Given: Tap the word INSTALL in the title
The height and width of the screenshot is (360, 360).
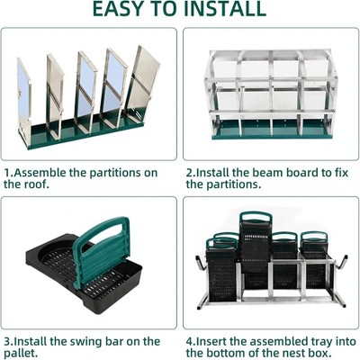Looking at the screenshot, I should pos(220,10).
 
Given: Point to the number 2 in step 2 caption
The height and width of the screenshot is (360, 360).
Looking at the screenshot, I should pos(189,171).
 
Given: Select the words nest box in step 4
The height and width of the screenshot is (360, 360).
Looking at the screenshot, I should pos(302,355).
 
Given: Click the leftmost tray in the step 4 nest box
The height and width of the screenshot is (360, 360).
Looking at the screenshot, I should pos(220,265).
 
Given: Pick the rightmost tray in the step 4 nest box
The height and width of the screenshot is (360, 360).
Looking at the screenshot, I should pos(315,261).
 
